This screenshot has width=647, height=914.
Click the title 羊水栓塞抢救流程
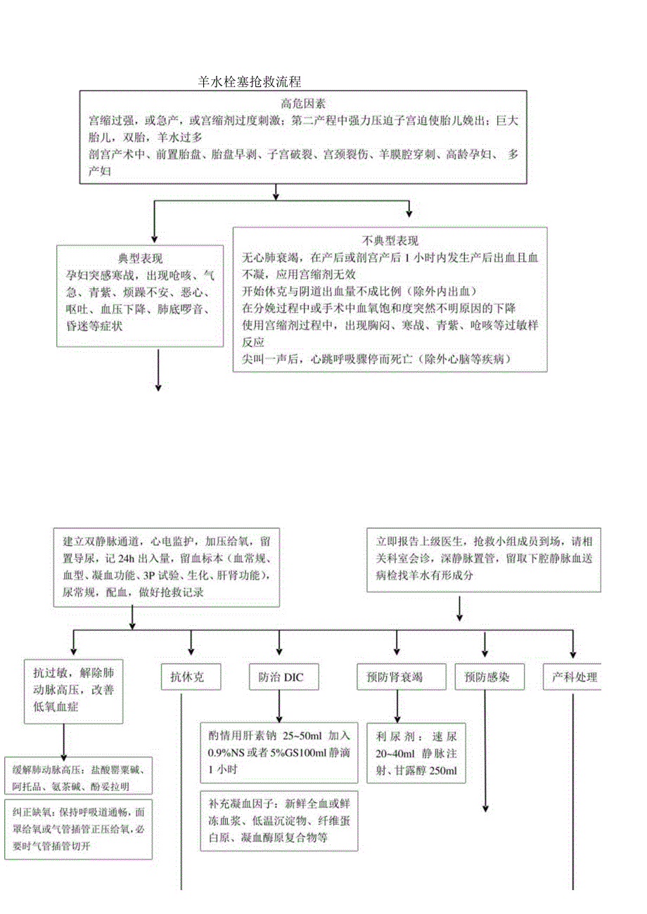(250, 81)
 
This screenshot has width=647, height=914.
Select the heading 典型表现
(141, 258)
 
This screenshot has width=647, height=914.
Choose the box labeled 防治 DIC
(281, 677)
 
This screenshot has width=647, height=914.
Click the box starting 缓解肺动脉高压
(78, 777)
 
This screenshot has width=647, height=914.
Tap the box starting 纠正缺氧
(78, 829)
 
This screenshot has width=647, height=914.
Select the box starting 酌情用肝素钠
(279, 752)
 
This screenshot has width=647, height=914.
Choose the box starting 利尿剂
(416, 753)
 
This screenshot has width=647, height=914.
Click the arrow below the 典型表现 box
(158, 369)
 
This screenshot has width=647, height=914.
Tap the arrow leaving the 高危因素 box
(276, 190)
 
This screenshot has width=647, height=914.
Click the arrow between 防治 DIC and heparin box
(280, 705)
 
